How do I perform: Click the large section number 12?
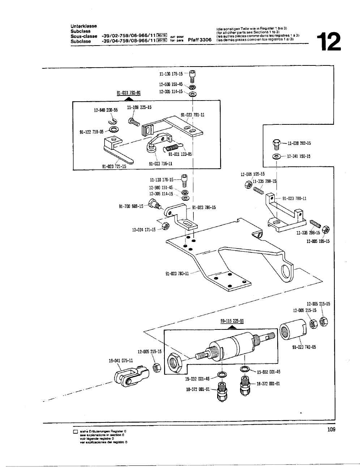[x=328, y=42]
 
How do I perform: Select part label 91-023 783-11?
[x=177, y=273]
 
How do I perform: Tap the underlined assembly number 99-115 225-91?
[x=232, y=320]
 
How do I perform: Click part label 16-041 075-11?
[x=121, y=360]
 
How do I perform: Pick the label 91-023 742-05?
[x=304, y=347]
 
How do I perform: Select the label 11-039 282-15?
[x=299, y=143]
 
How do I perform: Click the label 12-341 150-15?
[x=299, y=157]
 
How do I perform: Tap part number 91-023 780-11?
[x=294, y=198]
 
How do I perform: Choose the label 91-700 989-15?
[x=131, y=206]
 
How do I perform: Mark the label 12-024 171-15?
[x=143, y=229]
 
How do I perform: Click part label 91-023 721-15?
[x=114, y=166]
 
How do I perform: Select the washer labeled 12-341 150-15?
[x=277, y=157]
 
